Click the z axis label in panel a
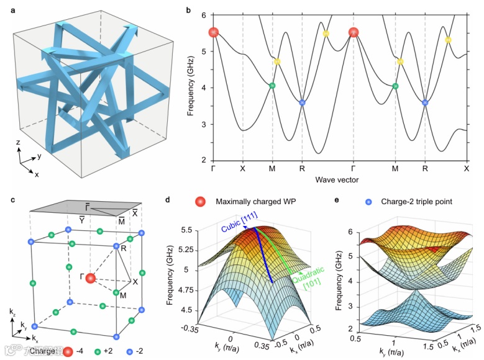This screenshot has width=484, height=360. pos(18,142)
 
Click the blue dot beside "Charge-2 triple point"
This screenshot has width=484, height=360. pos(369,202)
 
